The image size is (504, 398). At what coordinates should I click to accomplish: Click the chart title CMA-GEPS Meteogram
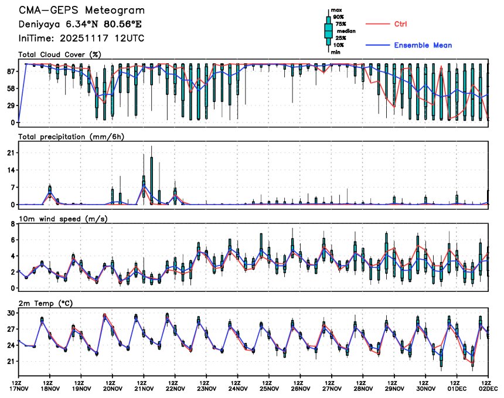tap(81, 11)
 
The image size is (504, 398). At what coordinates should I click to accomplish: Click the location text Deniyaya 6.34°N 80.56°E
tap(80, 25)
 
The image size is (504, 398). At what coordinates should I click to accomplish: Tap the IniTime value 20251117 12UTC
tap(81, 38)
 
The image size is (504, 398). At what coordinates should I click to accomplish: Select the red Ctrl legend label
tap(401, 24)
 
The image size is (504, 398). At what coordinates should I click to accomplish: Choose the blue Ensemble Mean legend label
tap(423, 45)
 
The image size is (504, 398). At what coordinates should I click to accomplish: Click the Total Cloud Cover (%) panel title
tap(60, 55)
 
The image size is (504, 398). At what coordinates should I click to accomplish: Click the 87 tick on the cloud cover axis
tap(11, 72)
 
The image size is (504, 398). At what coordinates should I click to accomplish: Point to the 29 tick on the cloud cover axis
tap(11, 106)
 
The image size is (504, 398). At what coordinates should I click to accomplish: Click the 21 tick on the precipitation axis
tap(11, 152)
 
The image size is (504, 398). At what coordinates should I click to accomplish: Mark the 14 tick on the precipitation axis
tap(11, 170)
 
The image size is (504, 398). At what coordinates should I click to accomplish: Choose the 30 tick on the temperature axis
tap(11, 313)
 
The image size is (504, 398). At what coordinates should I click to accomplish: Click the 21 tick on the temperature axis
tap(11, 362)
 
